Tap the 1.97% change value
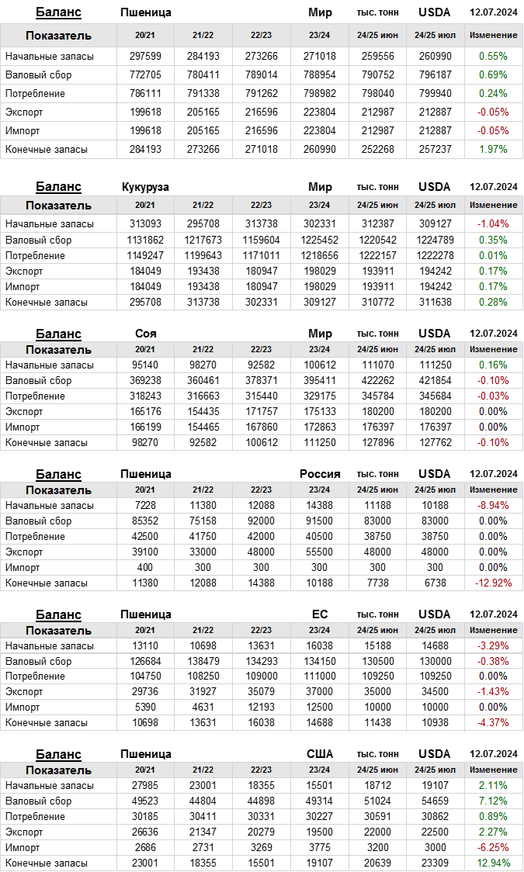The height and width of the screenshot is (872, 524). (493, 149)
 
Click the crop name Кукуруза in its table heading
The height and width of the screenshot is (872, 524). (146, 187)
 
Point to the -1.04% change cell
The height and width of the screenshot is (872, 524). (493, 224)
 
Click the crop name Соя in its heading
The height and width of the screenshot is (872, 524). (146, 334)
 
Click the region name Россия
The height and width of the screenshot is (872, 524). (320, 474)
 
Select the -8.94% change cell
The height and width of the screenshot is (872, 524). (493, 505)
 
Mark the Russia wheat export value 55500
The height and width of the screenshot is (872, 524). (319, 552)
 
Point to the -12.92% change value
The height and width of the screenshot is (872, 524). (493, 583)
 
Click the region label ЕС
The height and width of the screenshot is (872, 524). (320, 614)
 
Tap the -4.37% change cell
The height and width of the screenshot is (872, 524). (493, 722)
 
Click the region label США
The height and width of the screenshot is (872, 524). (320, 754)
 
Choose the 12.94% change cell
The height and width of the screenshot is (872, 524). (493, 863)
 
